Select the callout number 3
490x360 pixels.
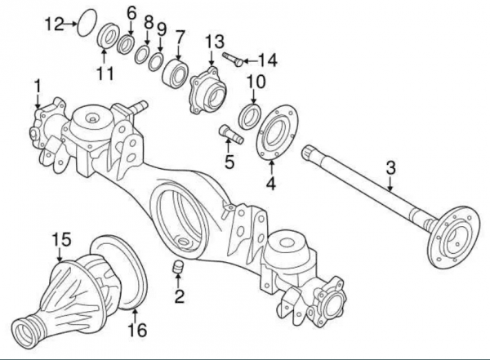click(x=390, y=167)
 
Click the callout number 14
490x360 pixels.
click(x=267, y=59)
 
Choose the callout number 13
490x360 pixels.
click(x=214, y=41)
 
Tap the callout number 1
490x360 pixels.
click(x=37, y=86)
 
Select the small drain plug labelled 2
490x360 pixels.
click(x=176, y=269)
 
